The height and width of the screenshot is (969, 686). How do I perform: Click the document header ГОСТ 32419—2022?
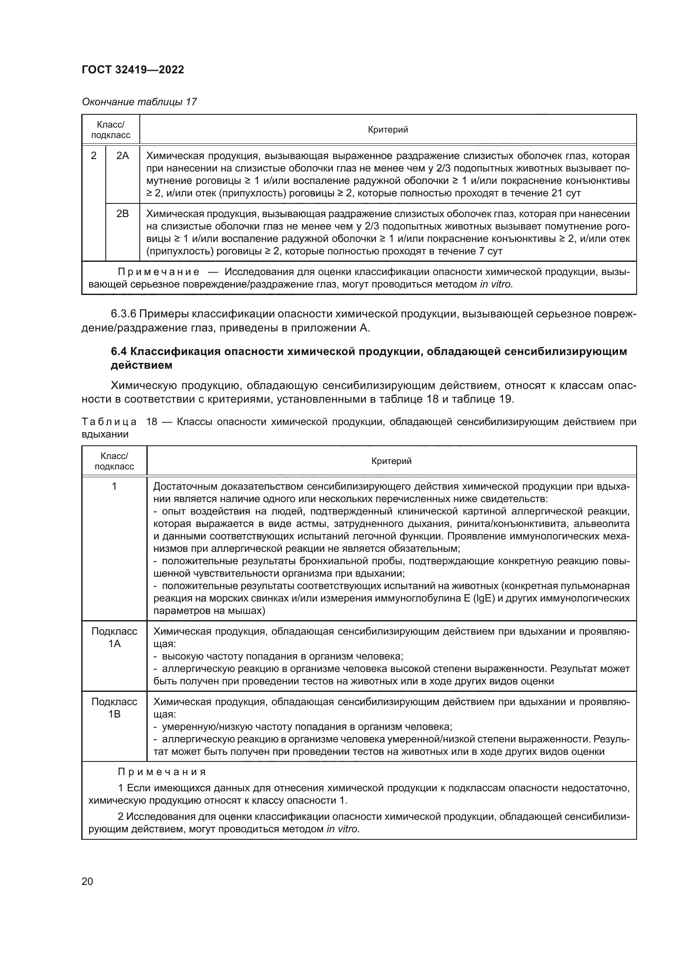(x=133, y=70)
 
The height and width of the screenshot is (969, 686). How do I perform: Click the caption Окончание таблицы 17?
(x=139, y=102)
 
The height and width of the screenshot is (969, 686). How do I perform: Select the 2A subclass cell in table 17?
(x=122, y=156)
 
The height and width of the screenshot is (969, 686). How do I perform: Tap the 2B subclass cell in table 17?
(x=122, y=213)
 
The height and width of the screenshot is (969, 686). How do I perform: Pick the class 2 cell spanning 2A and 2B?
(x=94, y=156)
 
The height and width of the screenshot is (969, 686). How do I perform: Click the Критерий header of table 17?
(x=388, y=130)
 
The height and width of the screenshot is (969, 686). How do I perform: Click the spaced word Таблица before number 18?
(x=109, y=422)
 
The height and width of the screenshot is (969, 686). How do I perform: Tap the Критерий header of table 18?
(x=391, y=461)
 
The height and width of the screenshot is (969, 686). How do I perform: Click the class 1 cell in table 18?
(x=114, y=487)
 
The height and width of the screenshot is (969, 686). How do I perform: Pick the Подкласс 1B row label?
(x=114, y=708)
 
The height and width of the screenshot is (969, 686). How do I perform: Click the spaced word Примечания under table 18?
(x=162, y=772)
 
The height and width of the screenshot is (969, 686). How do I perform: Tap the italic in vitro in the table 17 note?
(x=496, y=285)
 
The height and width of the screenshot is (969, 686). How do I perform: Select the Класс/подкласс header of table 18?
(x=114, y=461)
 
